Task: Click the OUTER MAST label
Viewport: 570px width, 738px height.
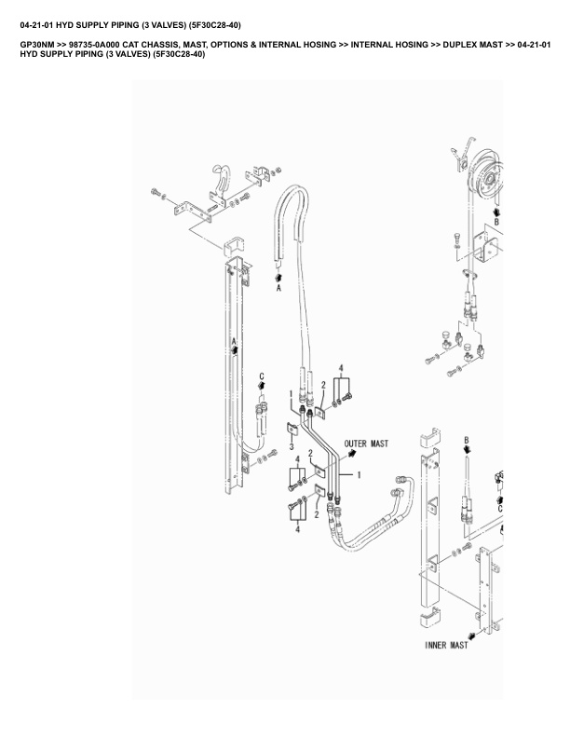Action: tap(366, 444)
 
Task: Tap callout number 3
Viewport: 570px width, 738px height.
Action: tap(292, 446)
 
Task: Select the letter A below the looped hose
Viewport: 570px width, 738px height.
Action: tap(278, 289)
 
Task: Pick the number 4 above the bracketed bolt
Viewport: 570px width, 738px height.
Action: tap(342, 369)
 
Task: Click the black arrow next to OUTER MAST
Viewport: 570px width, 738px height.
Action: tap(353, 455)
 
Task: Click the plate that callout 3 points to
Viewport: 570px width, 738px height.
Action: tap(291, 429)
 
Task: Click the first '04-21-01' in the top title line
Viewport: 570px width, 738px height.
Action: tap(38, 24)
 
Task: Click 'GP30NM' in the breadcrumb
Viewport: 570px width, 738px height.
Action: tap(37, 45)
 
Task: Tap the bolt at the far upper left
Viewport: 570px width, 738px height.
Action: tap(154, 193)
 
